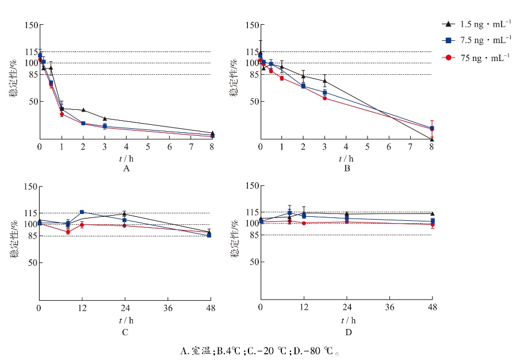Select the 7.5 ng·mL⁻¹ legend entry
click(477, 40)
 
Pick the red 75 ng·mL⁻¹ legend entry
click(477, 58)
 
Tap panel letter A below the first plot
click(126, 169)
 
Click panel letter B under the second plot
click(347, 169)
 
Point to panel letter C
click(125, 332)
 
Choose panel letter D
click(346, 332)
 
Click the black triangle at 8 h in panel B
click(432, 139)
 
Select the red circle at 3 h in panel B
click(324, 98)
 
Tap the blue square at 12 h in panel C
click(82, 212)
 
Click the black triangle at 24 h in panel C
click(124, 214)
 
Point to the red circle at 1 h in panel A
click(62, 114)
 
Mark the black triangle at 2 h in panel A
click(83, 110)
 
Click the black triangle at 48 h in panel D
click(432, 214)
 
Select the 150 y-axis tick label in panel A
click(30, 25)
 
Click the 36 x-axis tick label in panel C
click(167, 309)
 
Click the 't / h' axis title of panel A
click(126, 159)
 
